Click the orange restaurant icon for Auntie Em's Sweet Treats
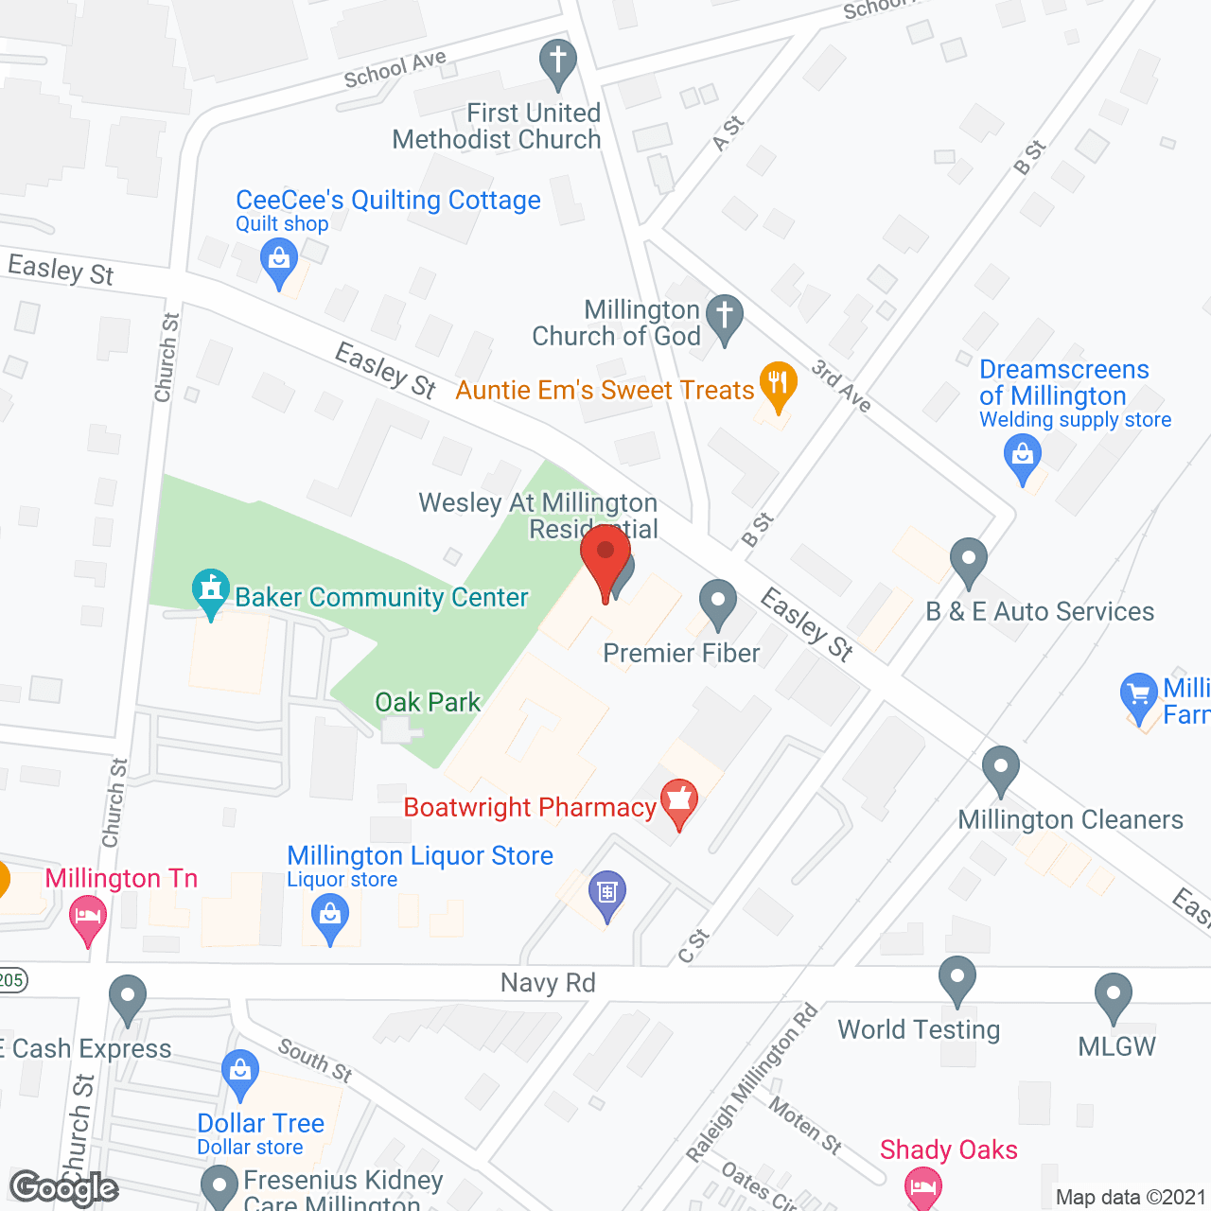coord(778,384)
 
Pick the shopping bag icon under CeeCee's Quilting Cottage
coord(278,259)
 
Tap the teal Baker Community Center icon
coord(211,591)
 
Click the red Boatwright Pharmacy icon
coord(678,802)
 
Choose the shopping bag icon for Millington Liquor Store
coord(330,916)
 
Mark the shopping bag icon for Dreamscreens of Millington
coord(1022,455)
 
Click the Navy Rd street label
coord(548,983)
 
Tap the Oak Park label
coord(428,702)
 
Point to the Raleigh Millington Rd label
coord(752,1082)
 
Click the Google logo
coord(64,1188)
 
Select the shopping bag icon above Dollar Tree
coord(240,1072)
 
